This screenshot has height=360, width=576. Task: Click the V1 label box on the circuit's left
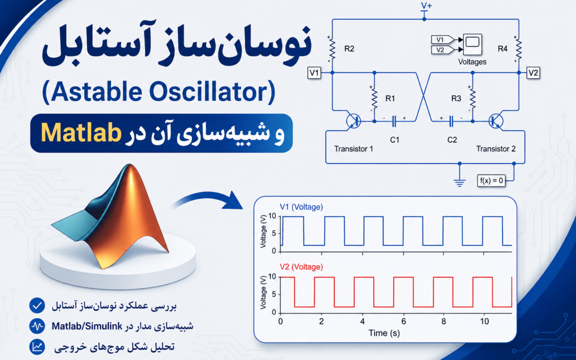(x=314, y=73)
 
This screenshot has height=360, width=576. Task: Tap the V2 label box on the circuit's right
(x=533, y=73)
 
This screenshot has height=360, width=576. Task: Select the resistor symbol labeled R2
(x=332, y=49)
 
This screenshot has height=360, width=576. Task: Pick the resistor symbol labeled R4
(x=519, y=49)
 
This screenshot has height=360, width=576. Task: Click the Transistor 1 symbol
(x=354, y=121)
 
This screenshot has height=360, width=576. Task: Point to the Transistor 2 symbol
(x=496, y=121)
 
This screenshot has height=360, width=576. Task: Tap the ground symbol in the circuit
(x=460, y=181)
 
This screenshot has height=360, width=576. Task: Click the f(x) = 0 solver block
(x=491, y=180)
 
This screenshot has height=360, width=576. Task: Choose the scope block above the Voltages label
(x=473, y=44)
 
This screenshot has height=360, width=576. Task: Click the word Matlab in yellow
(x=81, y=133)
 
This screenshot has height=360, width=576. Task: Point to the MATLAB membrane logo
(x=110, y=215)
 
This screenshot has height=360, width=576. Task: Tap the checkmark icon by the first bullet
(x=37, y=305)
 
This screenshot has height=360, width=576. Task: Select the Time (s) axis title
(x=384, y=333)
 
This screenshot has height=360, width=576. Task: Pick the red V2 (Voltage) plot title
(x=301, y=267)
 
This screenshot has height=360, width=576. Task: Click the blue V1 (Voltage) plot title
(x=301, y=207)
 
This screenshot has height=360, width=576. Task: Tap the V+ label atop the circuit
(x=426, y=5)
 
